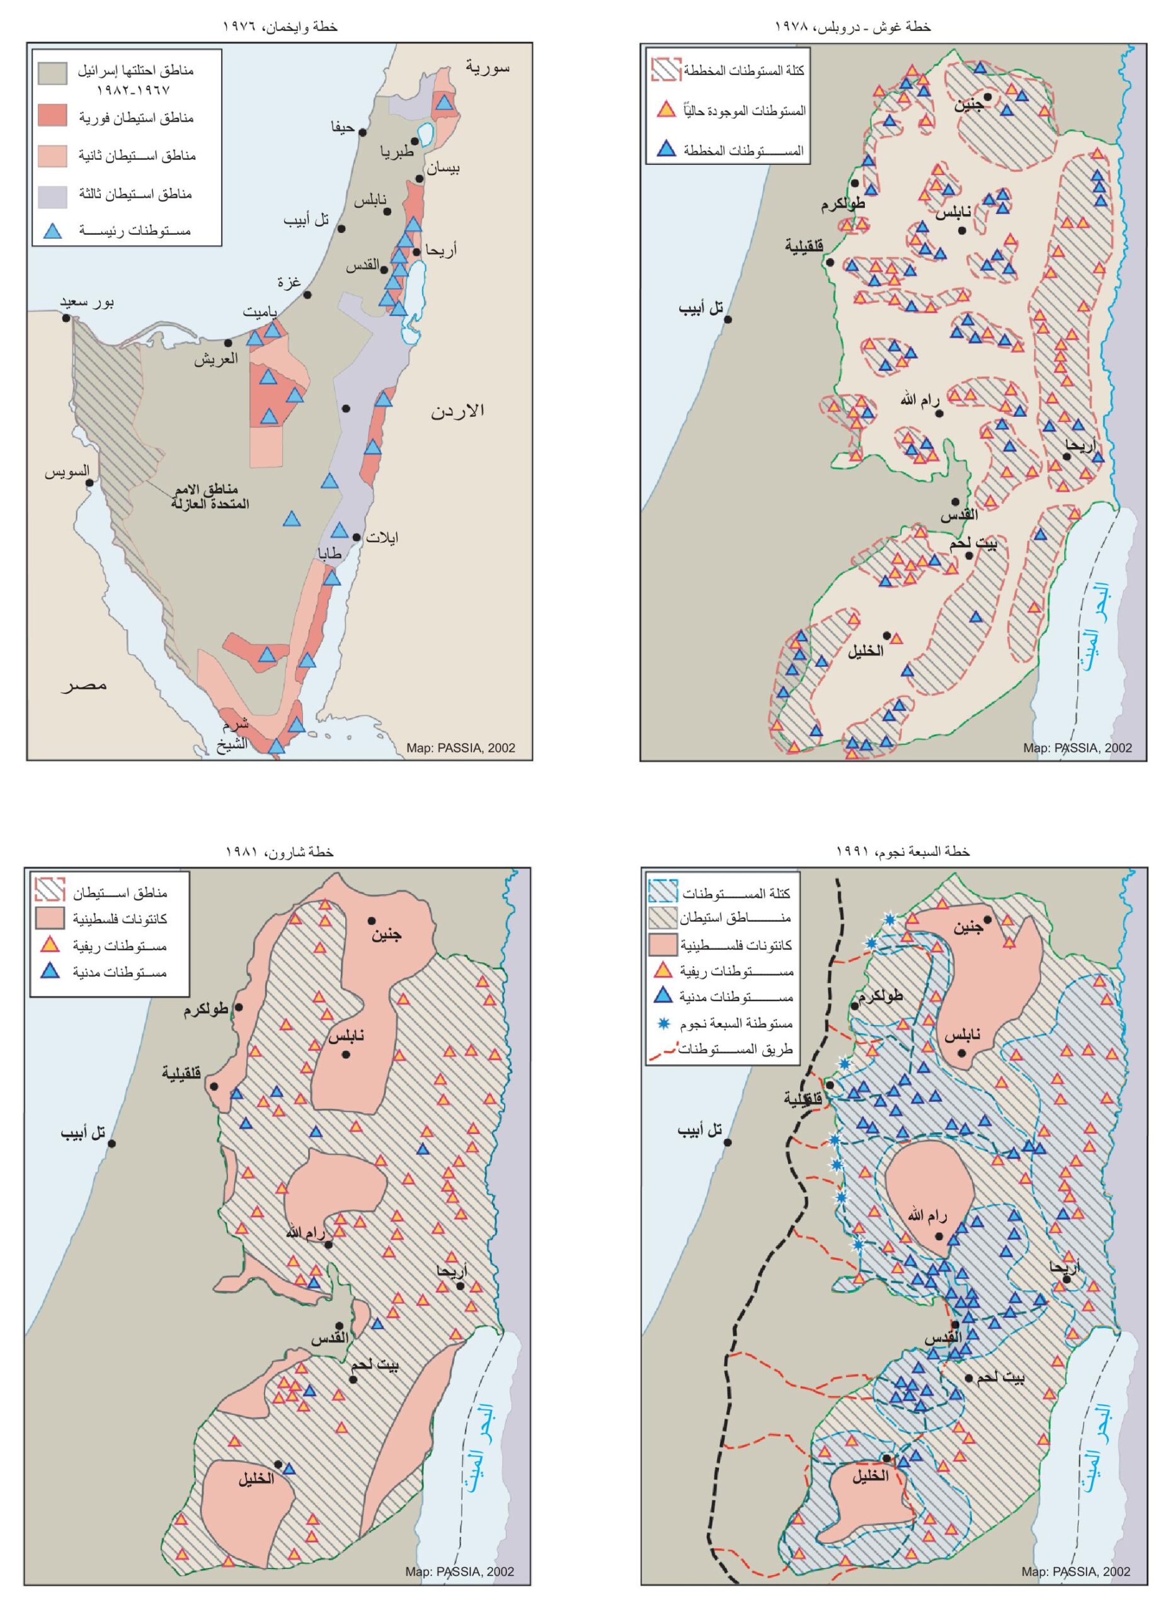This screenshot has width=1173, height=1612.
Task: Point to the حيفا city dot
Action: click(363, 132)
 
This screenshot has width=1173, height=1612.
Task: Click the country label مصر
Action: click(84, 685)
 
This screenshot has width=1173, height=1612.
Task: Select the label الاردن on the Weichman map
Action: click(458, 410)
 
